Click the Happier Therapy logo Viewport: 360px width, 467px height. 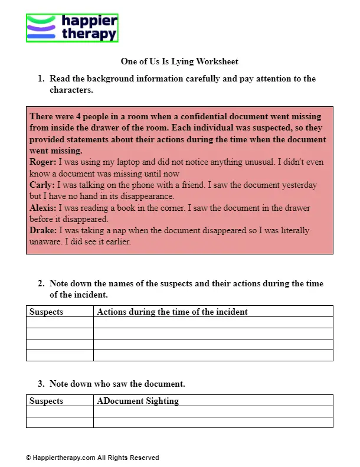pyautogui.click(x=72, y=28)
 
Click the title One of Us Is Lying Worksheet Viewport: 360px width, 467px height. pyautogui.click(x=179, y=61)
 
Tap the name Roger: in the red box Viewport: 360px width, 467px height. pyautogui.click(x=42, y=162)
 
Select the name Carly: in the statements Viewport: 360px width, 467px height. pyautogui.click(x=42, y=185)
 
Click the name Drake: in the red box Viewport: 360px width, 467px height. pyautogui.click(x=44, y=231)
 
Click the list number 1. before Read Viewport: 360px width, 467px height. pyautogui.click(x=41, y=79)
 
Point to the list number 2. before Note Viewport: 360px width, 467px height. pyautogui.click(x=41, y=284)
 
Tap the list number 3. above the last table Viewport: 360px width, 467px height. pyautogui.click(x=41, y=384)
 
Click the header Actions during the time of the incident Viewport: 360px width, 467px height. pyautogui.click(x=172, y=312)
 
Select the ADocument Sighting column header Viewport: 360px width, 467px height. pyautogui.click(x=138, y=401)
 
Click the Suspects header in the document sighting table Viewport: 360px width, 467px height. pyautogui.click(x=46, y=401)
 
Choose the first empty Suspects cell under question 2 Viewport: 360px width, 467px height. pyautogui.click(x=60, y=322)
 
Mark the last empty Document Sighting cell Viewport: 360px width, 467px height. pyautogui.click(x=213, y=422)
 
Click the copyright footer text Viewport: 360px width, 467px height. pyautogui.click(x=92, y=458)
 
